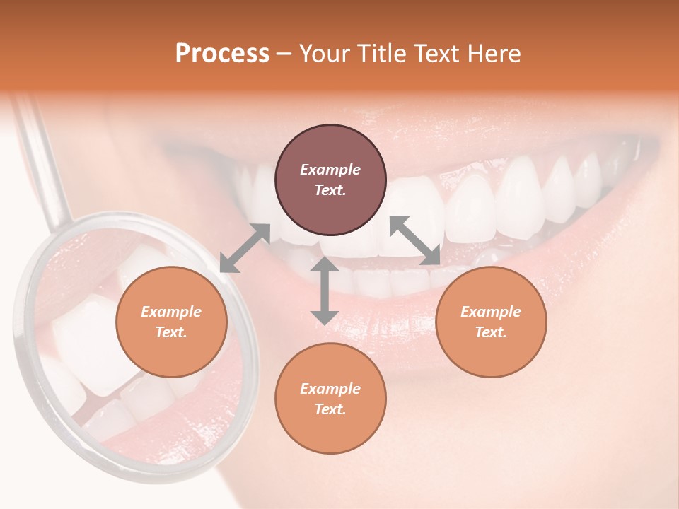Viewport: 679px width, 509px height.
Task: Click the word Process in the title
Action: (x=222, y=53)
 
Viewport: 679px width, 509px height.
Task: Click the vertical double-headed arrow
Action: (x=325, y=291)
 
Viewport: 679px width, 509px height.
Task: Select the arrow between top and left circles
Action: (x=245, y=247)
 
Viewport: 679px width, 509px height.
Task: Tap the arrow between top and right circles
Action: (x=415, y=241)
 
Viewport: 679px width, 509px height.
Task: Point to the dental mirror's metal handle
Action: (x=45, y=163)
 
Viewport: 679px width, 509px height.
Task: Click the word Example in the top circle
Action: (x=330, y=170)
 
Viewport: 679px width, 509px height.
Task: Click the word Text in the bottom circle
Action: (x=329, y=409)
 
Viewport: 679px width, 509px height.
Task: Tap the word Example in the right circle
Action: (x=491, y=312)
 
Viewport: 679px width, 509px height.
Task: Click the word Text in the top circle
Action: (x=329, y=190)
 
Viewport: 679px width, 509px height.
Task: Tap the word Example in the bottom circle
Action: (x=330, y=389)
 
